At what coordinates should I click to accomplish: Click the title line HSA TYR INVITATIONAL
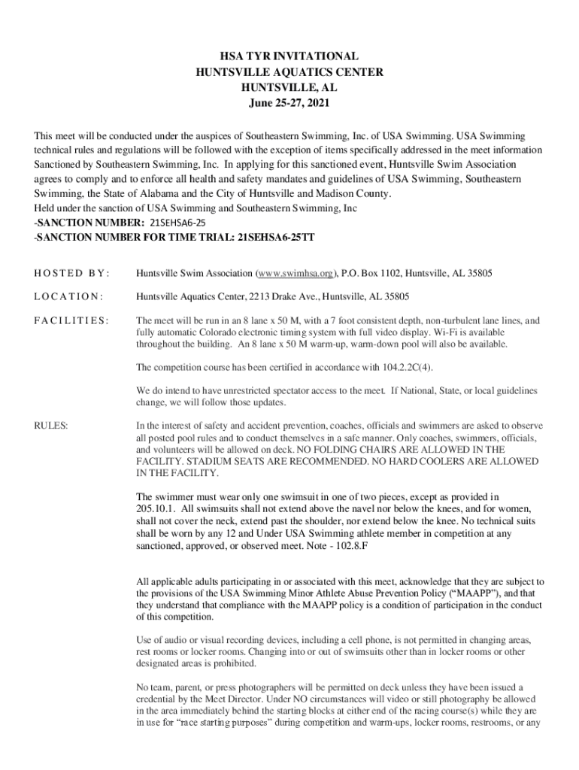289,56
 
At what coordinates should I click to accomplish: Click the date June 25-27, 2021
289,102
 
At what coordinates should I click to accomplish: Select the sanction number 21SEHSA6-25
178,223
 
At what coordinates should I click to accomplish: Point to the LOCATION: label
68,296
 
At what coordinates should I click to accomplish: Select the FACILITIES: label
71,320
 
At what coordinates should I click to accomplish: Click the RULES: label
50,426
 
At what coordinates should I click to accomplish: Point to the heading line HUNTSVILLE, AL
289,87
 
